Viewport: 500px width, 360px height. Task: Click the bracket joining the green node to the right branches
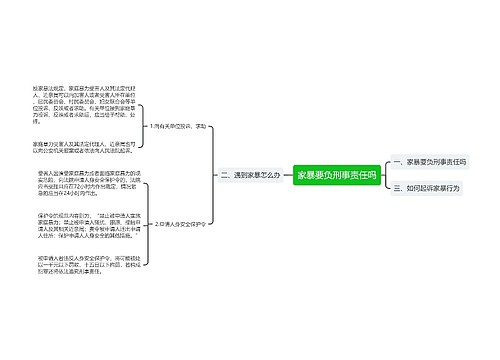click(384, 174)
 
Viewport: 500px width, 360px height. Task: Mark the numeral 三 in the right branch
click(396, 187)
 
